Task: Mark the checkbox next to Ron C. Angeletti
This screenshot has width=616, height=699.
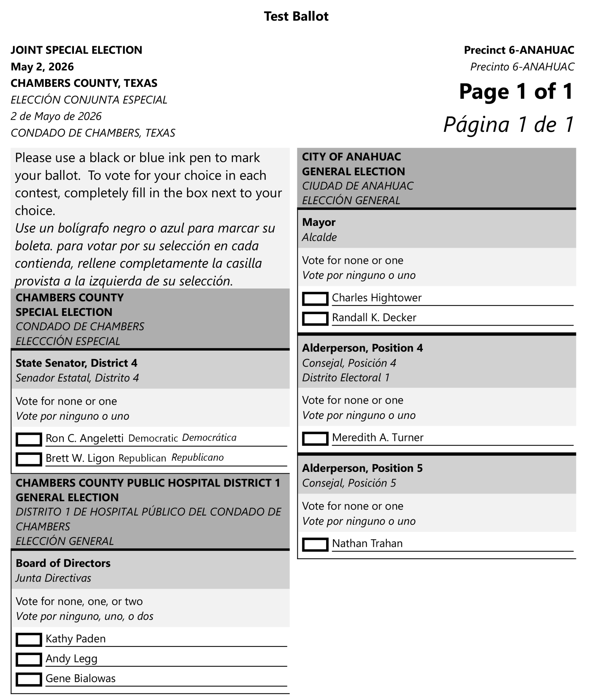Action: pos(29,439)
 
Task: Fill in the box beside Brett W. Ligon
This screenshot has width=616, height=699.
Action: pos(29,459)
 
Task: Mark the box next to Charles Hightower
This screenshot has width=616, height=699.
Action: pos(315,298)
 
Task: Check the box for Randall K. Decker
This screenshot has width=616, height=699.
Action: pos(315,318)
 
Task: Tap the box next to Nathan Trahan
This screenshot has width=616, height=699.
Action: pos(315,544)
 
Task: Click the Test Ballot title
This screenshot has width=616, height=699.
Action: pos(296,16)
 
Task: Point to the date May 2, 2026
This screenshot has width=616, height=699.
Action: pos(42,67)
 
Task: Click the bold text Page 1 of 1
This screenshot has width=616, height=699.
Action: pos(516,92)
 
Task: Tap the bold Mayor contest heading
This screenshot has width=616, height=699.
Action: pos(319,222)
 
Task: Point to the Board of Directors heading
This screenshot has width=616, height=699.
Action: pos(63,563)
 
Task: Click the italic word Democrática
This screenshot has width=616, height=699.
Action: pos(209,438)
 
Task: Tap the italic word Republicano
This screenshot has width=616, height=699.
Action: pos(198,458)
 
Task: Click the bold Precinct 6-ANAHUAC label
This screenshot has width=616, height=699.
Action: pos(519,50)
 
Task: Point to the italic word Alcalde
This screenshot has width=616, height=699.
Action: pos(319,237)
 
